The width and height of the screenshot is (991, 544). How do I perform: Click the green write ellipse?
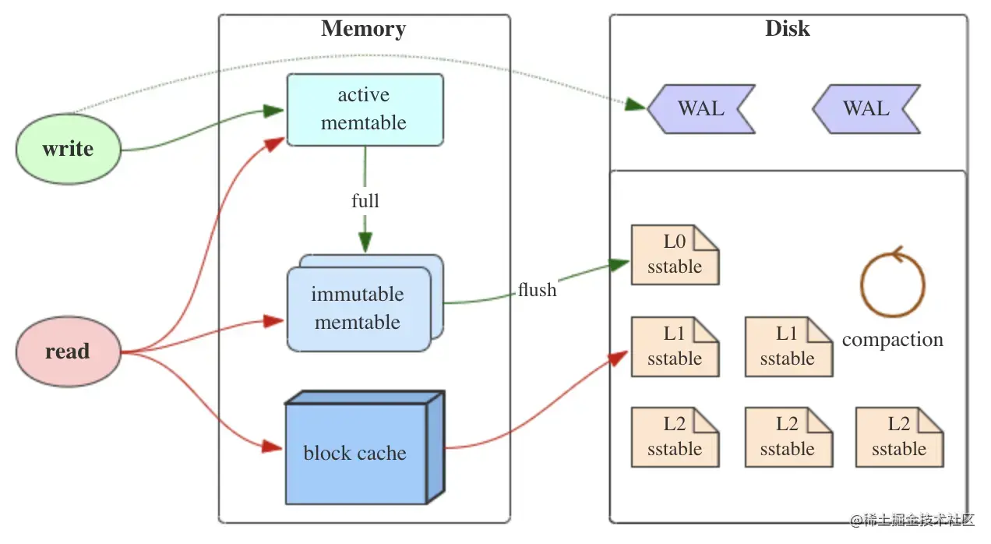click(x=69, y=149)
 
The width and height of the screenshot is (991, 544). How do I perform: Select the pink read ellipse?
click(x=69, y=351)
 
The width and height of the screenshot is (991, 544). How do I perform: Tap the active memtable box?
click(x=365, y=110)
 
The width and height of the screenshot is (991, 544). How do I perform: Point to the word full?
click(x=365, y=201)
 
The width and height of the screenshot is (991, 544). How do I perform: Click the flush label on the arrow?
click(x=538, y=291)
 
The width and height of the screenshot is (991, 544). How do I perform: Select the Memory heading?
click(x=363, y=30)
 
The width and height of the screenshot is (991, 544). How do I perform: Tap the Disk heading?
click(x=787, y=29)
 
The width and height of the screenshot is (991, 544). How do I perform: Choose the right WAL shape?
click(x=866, y=108)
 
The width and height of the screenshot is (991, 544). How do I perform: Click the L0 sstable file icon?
click(x=675, y=255)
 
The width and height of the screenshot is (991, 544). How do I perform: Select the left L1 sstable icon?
click(x=675, y=347)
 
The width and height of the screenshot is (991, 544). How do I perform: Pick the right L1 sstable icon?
click(x=788, y=347)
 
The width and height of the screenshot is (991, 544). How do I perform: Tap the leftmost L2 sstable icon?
click(x=675, y=437)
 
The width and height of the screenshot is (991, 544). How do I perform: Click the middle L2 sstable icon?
click(x=788, y=437)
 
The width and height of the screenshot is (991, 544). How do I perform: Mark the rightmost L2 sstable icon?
click(x=899, y=437)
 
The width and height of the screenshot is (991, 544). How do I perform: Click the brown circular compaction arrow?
click(x=892, y=282)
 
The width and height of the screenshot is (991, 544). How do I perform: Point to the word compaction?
click(x=892, y=340)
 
